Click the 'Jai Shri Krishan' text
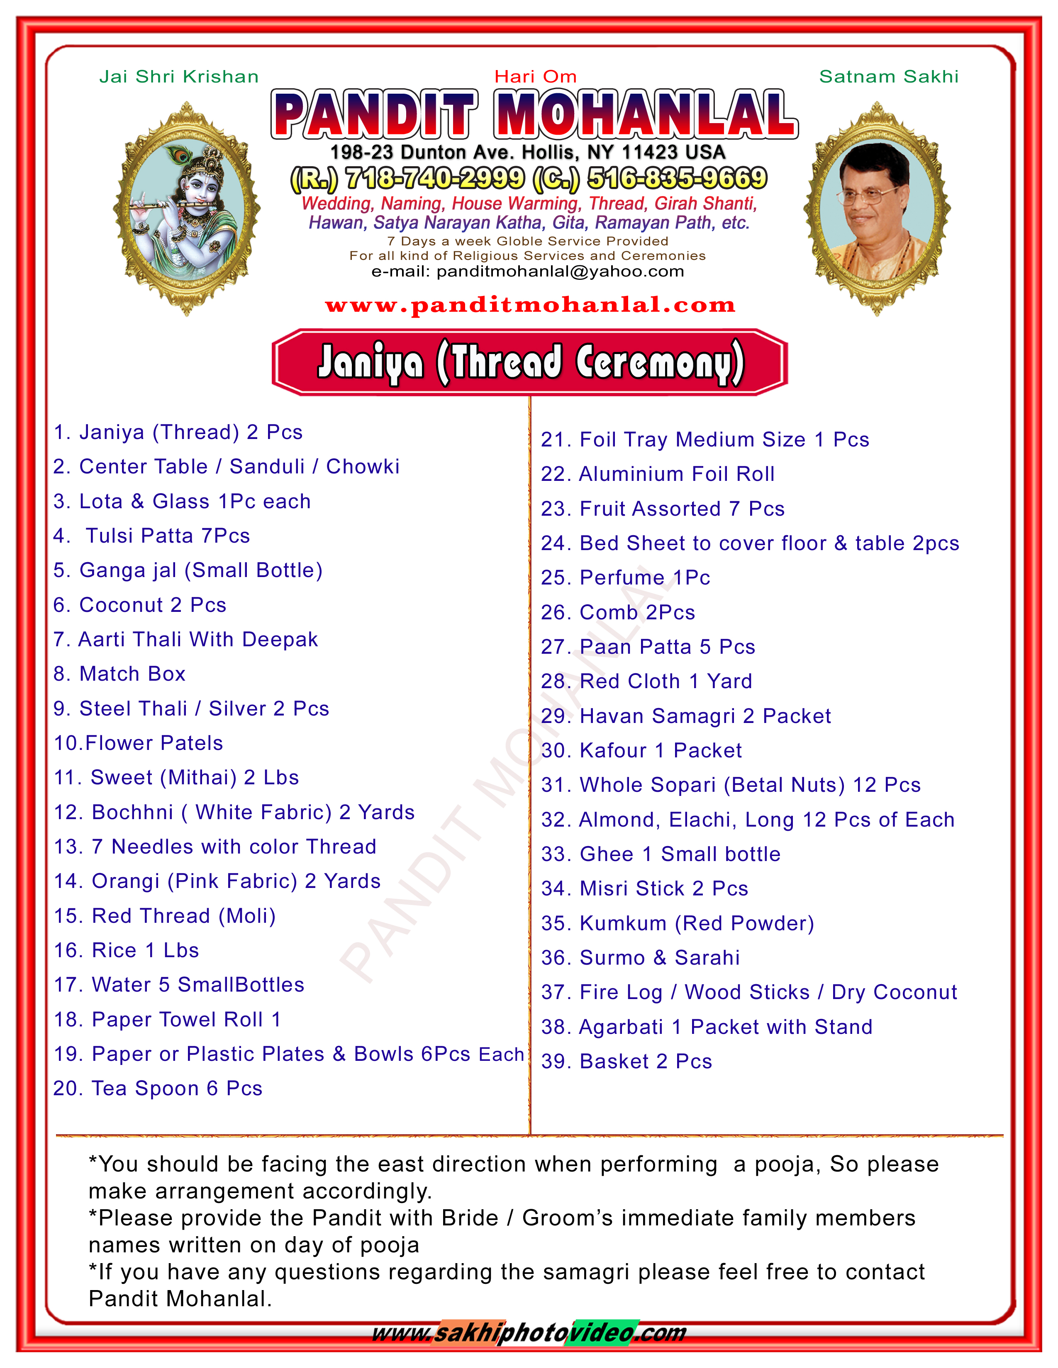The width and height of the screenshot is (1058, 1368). (x=179, y=76)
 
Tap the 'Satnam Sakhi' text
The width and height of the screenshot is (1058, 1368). (x=888, y=76)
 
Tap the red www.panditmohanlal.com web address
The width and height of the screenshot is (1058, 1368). (x=530, y=305)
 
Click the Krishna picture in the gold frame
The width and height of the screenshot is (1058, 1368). (x=186, y=209)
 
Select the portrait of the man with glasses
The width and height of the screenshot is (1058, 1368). (x=877, y=209)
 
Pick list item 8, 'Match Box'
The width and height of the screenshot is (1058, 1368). (x=120, y=674)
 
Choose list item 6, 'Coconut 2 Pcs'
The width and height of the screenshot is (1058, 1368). (x=140, y=605)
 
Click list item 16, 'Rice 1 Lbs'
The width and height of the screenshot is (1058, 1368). (x=127, y=950)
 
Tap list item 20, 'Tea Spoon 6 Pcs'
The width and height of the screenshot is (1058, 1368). (x=158, y=1089)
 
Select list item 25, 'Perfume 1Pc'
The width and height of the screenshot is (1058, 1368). (x=626, y=577)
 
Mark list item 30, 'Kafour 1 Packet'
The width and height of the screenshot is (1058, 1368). (x=641, y=750)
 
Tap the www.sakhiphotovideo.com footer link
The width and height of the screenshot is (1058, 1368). (x=530, y=1333)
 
